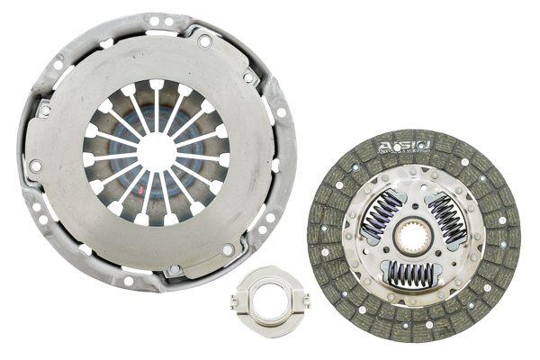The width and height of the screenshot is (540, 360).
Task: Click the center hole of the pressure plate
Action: point(156,152)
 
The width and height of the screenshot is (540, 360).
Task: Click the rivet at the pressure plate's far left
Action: point(35,166)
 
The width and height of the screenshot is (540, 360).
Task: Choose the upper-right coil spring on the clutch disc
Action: point(448,220)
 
